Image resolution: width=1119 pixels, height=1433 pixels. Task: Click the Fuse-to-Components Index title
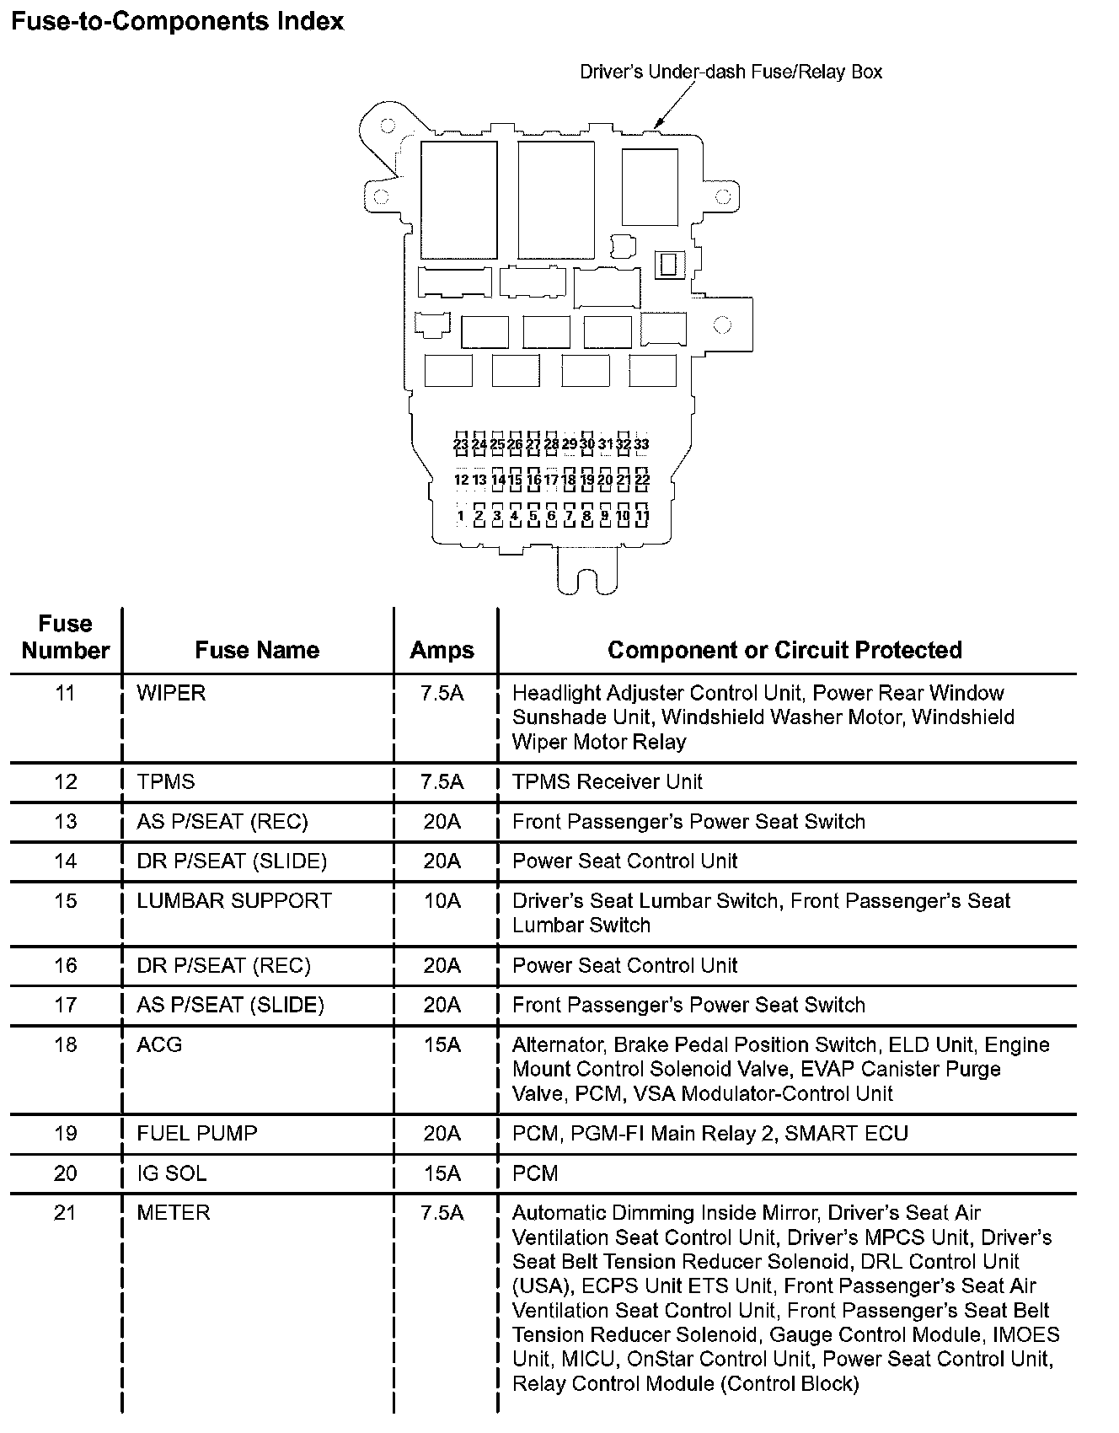177,21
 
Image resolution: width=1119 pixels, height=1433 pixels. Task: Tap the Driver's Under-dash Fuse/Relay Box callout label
731,72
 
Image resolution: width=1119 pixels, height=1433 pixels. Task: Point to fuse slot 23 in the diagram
460,443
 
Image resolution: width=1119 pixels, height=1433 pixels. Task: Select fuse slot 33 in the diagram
642,443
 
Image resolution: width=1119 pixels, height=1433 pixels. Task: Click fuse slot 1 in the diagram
461,516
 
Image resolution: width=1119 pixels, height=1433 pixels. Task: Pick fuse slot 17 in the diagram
551,480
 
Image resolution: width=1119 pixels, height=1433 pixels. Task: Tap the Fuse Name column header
257,650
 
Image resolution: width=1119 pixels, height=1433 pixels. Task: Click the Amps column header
442,650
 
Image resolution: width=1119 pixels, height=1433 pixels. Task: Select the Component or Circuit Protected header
784,650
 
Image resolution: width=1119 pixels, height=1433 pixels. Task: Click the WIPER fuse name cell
171,693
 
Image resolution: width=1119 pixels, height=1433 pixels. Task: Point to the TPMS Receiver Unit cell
607,781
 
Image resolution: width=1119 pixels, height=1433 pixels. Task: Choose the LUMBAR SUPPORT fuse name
234,900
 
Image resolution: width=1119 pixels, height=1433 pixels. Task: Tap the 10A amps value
442,900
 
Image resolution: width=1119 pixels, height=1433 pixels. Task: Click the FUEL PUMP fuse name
196,1133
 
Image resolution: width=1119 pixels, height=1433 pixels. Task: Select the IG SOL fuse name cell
171,1173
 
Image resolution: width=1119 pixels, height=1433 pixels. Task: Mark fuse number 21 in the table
66,1212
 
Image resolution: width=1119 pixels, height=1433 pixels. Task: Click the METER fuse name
173,1212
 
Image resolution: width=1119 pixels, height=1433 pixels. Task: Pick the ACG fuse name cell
159,1044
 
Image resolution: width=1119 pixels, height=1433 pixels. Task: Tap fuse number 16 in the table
66,965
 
